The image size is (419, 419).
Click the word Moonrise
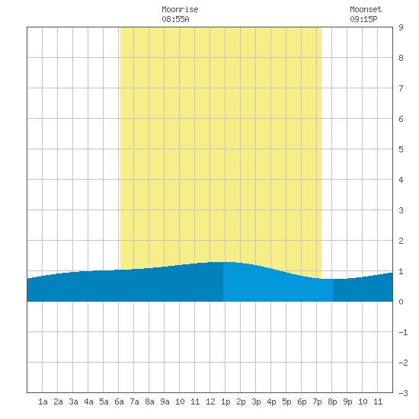(180, 9)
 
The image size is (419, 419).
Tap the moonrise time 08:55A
(175, 19)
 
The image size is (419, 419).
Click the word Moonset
(366, 9)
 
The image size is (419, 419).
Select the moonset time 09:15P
(363, 19)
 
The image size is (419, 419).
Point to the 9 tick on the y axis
(401, 27)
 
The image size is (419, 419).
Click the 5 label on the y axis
(401, 149)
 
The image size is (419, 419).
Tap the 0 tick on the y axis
(401, 302)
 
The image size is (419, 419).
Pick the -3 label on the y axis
(403, 393)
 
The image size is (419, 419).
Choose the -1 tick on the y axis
(403, 332)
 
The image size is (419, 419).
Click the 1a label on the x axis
(43, 401)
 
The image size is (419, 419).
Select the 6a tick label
(119, 401)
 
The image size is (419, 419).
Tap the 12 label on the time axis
(210, 401)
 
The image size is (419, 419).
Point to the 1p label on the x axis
(225, 401)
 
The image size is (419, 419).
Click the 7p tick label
(317, 401)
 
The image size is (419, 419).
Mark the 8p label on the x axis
(332, 401)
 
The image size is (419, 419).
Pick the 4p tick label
(271, 401)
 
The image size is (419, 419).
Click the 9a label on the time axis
(165, 401)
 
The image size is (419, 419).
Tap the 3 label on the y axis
(401, 210)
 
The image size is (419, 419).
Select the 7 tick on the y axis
(401, 88)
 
